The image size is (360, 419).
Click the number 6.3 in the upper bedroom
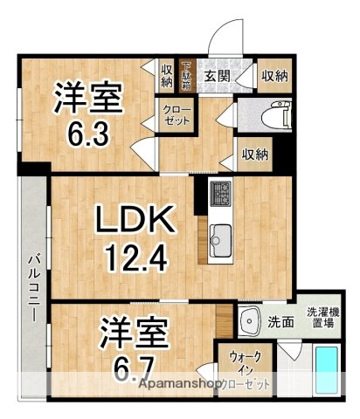[x=85, y=133]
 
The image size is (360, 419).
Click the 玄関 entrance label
[x=218, y=77]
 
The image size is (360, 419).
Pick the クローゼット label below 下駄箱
[x=175, y=114]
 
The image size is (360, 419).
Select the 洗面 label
[x=280, y=319]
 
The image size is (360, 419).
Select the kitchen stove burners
[x=219, y=192]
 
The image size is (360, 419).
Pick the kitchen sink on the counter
[x=220, y=236]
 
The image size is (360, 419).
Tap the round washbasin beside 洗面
[x=251, y=319]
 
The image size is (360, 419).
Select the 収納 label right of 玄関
[x=274, y=77]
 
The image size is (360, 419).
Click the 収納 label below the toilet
[x=254, y=155]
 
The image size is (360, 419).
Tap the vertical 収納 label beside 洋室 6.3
[x=167, y=75]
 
